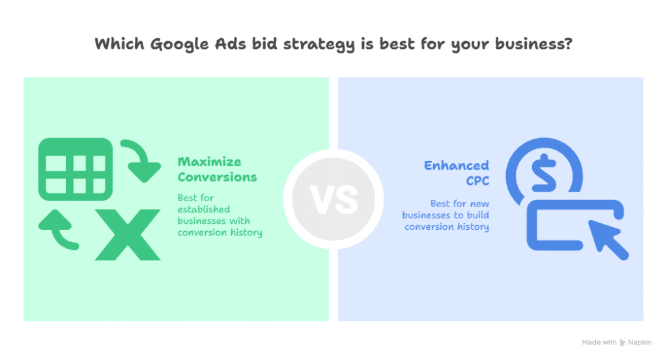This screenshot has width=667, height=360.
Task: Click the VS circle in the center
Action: [333, 199]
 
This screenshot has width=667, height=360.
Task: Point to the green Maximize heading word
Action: [210, 161]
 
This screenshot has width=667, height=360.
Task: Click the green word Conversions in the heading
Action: [218, 177]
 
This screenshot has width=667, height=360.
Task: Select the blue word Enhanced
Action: [456, 165]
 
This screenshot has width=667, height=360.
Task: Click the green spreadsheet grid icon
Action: [75, 167]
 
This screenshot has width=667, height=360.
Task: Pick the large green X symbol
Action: [128, 234]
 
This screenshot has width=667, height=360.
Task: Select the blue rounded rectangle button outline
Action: [560, 225]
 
